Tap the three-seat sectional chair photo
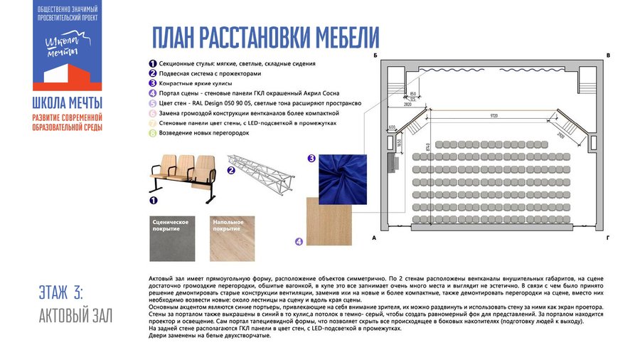pos(183,177)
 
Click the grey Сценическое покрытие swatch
pos(174,237)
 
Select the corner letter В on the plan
pos(608,55)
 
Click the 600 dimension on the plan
pos(392,128)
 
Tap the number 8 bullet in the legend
pos(152,133)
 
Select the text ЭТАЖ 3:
pos(62,292)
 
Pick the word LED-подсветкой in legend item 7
pos(279,123)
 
